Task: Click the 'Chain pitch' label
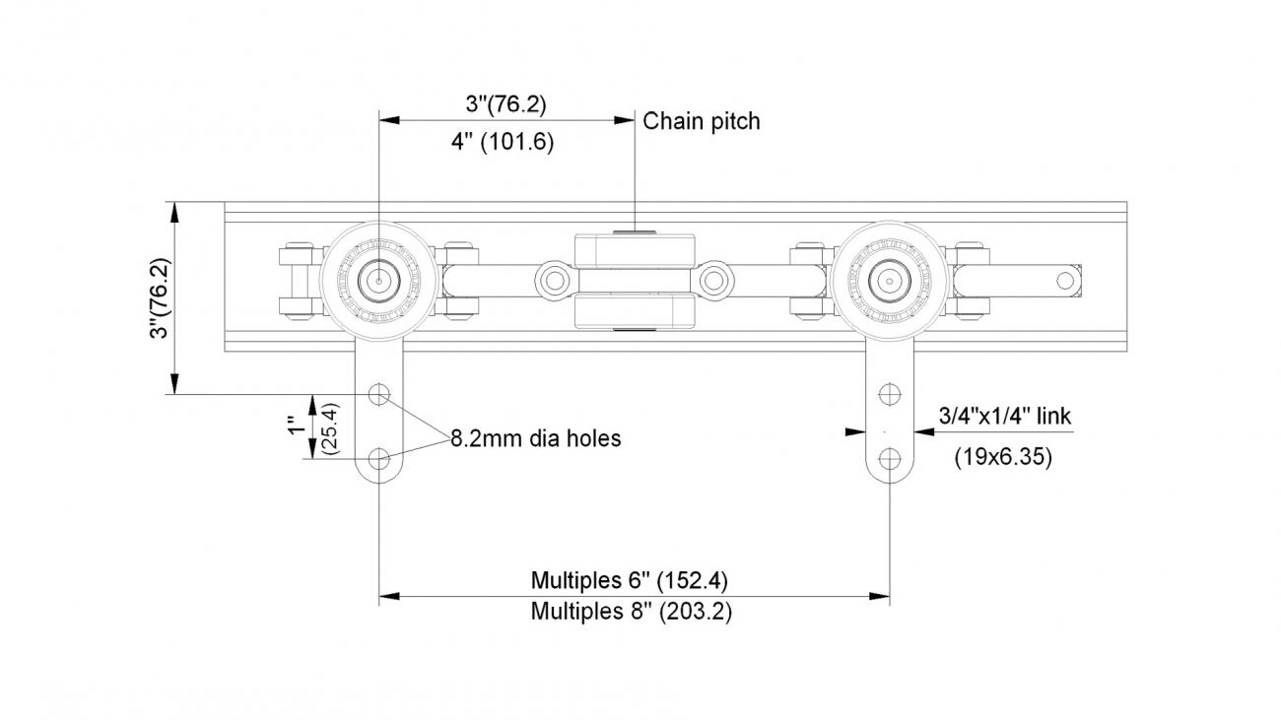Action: point(702,121)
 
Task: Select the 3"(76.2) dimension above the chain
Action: point(506,102)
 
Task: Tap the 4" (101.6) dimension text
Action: point(503,142)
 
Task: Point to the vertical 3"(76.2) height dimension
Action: point(159,299)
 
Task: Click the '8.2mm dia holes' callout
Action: point(536,438)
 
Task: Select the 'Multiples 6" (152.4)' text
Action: point(630,578)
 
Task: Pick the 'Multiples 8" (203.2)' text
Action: point(631,611)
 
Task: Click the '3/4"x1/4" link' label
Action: point(1004,417)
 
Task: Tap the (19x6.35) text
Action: point(1003,457)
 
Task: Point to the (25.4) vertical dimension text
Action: point(330,427)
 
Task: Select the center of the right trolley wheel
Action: point(889,279)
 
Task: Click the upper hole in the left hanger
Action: point(379,395)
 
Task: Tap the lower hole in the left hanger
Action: point(379,458)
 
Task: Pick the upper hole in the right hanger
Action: point(890,395)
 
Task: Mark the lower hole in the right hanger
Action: point(890,458)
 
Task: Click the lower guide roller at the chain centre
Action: point(635,312)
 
